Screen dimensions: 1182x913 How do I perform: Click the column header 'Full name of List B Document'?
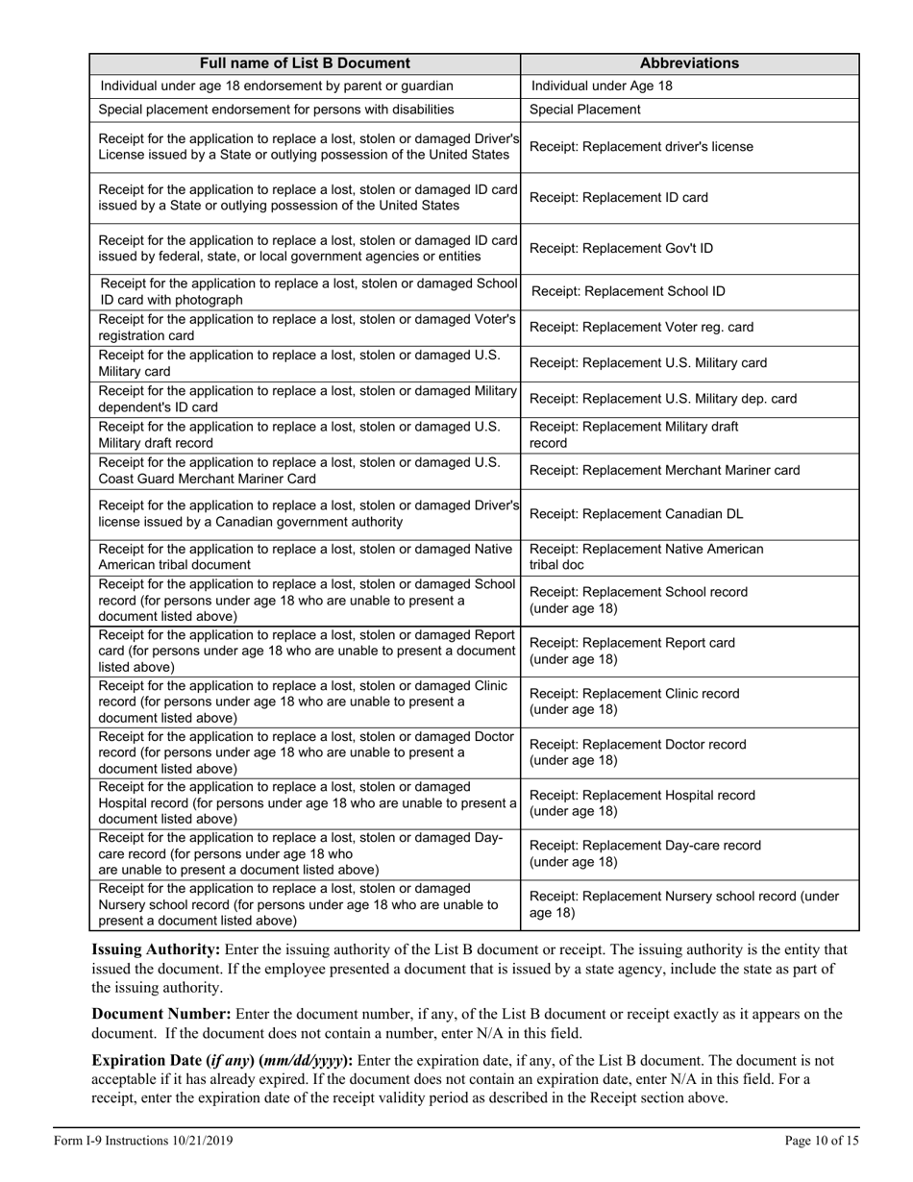click(x=305, y=63)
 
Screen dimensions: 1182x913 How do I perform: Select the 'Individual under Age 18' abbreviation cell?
click(x=602, y=86)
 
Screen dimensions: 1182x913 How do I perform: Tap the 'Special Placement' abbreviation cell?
click(x=585, y=110)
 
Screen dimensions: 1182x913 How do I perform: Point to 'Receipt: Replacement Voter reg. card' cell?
click(x=641, y=328)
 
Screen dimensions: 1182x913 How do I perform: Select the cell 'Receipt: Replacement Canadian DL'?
click(x=636, y=514)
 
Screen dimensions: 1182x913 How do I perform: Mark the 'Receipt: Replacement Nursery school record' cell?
click(x=684, y=904)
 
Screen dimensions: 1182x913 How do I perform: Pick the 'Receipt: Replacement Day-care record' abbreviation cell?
click(x=645, y=853)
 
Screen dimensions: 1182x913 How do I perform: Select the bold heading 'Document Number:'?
click(x=160, y=1014)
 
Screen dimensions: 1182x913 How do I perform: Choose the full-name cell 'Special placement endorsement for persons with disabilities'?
click(x=277, y=110)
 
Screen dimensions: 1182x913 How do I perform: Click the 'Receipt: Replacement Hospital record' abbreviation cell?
click(x=642, y=803)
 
